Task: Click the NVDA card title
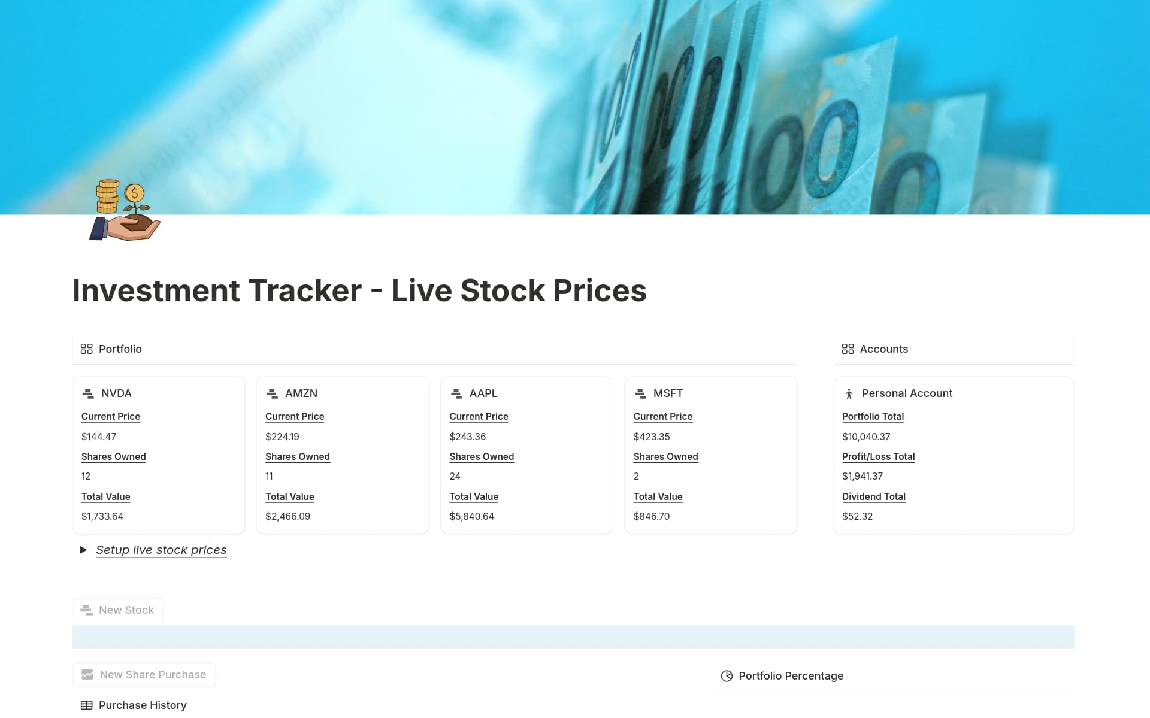coord(116,393)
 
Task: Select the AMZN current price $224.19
coord(282,437)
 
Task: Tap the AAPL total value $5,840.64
coord(471,516)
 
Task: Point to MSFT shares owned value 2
coord(636,476)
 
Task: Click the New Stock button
coord(118,610)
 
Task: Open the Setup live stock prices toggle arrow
coord(83,550)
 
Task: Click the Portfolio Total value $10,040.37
coord(865,437)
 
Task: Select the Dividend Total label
coord(873,496)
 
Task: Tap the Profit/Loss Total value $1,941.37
coord(862,476)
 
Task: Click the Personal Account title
coord(906,393)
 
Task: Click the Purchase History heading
coord(142,705)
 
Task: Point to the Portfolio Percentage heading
coord(790,675)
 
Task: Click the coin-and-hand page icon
coord(125,210)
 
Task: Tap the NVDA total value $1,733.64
coord(102,516)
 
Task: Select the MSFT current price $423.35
coord(651,437)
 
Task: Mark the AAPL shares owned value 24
coord(455,476)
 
